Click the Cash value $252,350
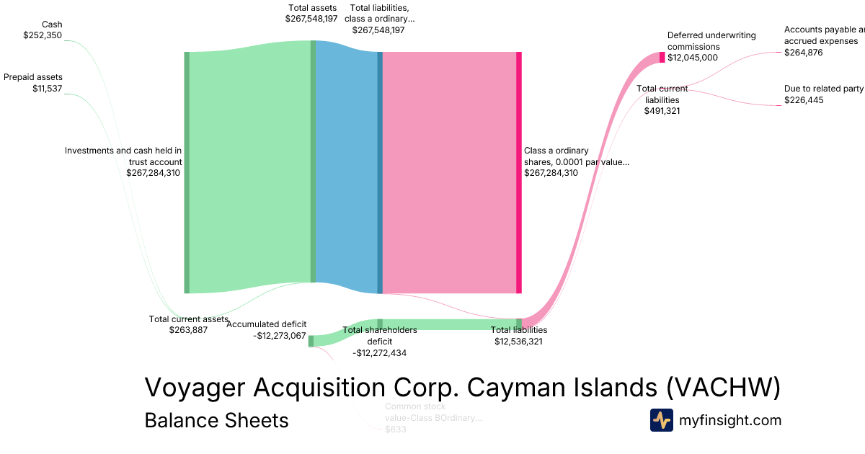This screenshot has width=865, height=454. pos(43,35)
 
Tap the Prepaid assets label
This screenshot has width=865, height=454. pos(33,77)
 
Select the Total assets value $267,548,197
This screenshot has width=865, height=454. pos(311,18)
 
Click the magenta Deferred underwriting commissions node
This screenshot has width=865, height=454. pos(662,58)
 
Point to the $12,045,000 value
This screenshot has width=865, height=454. pos(693,58)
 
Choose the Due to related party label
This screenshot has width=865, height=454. pos(824,89)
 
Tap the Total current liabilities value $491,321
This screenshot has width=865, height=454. pos(662,111)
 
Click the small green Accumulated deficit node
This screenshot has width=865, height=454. pos(311,341)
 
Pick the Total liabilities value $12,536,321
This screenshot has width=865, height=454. pos(518,342)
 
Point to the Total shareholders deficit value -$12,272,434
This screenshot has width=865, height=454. pos(380,353)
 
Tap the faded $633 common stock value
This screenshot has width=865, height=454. pos(396,429)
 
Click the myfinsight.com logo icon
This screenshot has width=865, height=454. pos(661,420)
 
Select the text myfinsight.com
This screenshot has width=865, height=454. pos(730,420)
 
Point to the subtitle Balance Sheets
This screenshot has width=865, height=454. pos(216,420)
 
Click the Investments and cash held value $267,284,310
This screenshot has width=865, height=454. pos(154,173)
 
